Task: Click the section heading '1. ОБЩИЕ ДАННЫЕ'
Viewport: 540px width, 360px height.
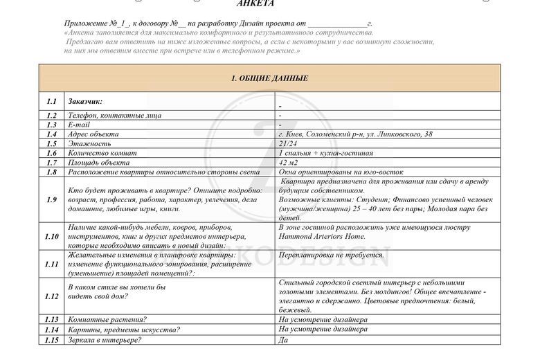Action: pos(269,78)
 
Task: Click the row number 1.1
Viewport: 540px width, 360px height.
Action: pos(51,101)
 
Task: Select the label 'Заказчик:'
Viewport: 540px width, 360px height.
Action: pos(86,101)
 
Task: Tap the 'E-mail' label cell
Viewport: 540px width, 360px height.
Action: pos(79,125)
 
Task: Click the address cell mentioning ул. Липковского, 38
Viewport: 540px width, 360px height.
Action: pos(355,134)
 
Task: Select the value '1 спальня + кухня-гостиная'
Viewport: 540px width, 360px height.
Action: pos(325,153)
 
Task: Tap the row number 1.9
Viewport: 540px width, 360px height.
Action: pos(51,199)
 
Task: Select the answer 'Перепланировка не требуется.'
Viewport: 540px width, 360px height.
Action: pos(331,255)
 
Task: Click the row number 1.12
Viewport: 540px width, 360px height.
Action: pos(51,296)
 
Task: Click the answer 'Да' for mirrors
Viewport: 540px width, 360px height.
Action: pos(282,340)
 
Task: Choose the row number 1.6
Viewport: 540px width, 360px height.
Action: pos(51,153)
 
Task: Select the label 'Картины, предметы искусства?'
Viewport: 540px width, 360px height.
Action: pos(124,330)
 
